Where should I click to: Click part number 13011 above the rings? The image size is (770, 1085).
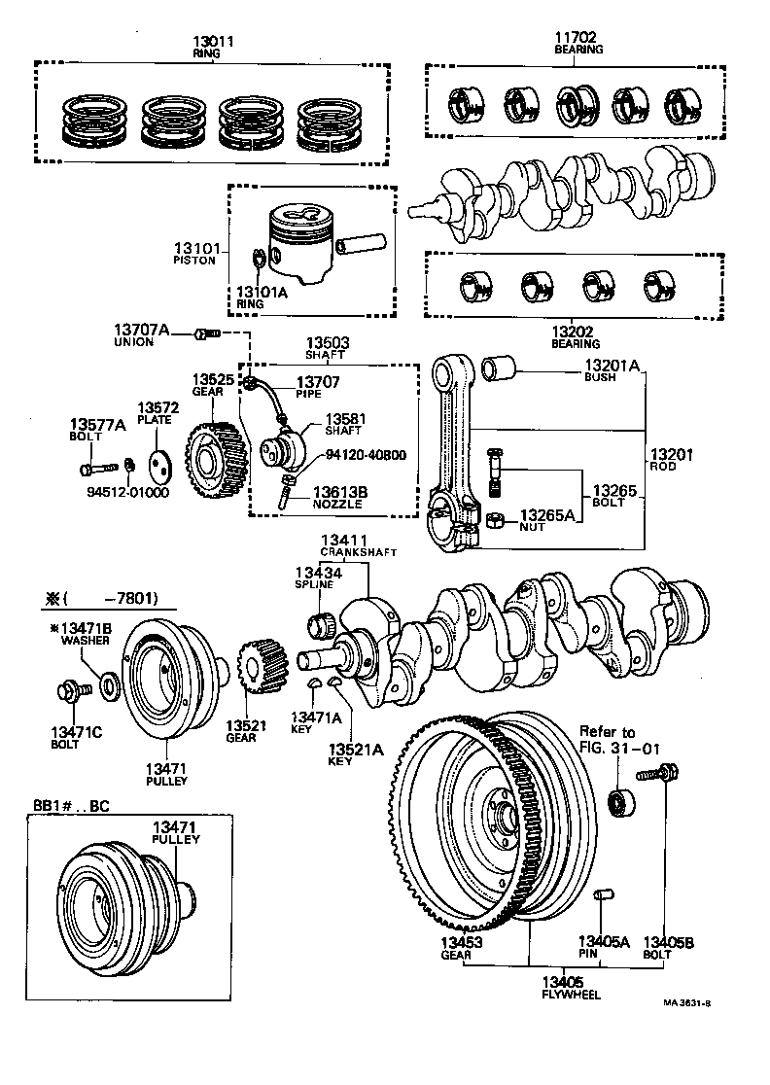(213, 42)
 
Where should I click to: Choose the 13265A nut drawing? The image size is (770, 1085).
(493, 519)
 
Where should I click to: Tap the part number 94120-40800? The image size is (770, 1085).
(366, 454)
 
